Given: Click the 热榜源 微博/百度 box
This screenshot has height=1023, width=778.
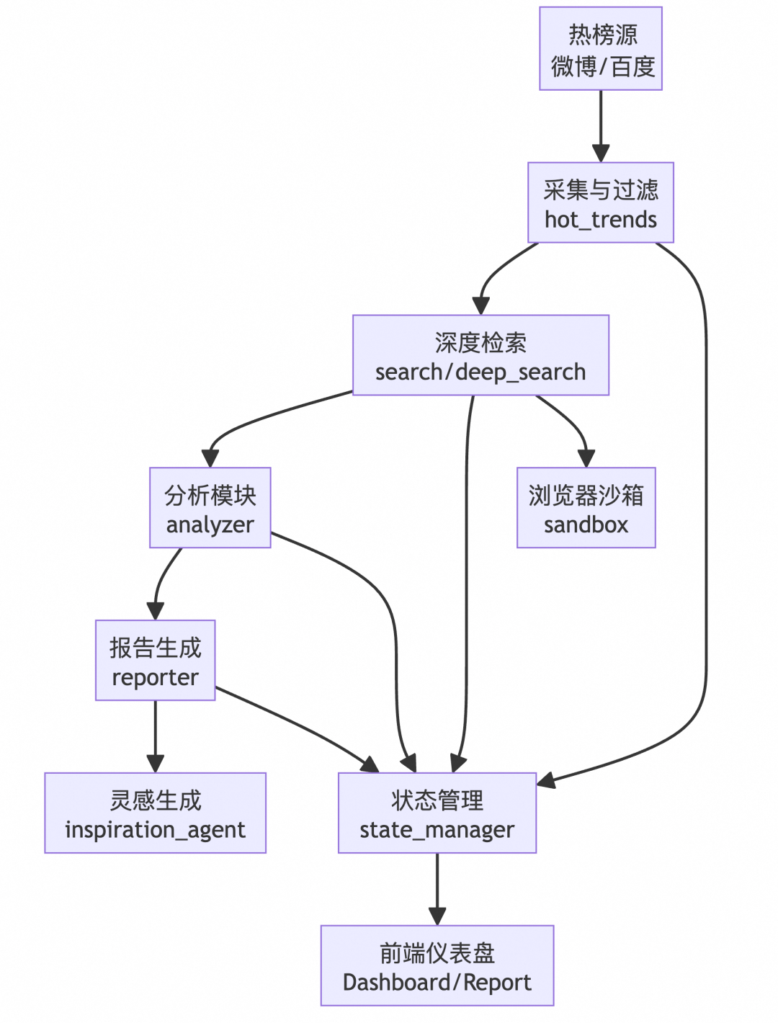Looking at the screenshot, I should click(x=600, y=49).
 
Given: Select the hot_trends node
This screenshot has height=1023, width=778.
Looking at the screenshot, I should click(x=600, y=203).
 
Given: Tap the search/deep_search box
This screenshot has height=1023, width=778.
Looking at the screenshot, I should click(x=480, y=355).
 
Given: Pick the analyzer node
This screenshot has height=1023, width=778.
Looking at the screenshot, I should click(x=210, y=508).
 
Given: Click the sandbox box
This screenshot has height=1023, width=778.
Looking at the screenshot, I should click(x=586, y=508).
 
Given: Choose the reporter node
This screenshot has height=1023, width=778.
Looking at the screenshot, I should click(x=155, y=661).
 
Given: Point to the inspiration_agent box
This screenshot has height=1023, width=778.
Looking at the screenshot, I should click(x=155, y=813).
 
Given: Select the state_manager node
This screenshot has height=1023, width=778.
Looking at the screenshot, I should click(x=437, y=813).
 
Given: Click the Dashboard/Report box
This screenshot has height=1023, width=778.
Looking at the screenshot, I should click(x=437, y=966).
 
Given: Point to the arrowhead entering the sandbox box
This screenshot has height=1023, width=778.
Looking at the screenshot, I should click(x=586, y=457).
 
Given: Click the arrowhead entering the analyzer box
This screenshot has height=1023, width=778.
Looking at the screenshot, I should click(x=210, y=457).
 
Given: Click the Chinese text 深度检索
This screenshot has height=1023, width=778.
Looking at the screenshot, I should click(x=480, y=342).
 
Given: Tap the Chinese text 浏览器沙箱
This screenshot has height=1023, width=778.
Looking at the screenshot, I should click(x=586, y=495).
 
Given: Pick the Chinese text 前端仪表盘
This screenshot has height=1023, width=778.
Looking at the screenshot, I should click(x=437, y=953).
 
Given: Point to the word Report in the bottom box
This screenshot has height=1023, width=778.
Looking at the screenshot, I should click(x=497, y=983).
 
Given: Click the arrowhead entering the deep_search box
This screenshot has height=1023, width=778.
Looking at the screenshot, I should click(x=481, y=305).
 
